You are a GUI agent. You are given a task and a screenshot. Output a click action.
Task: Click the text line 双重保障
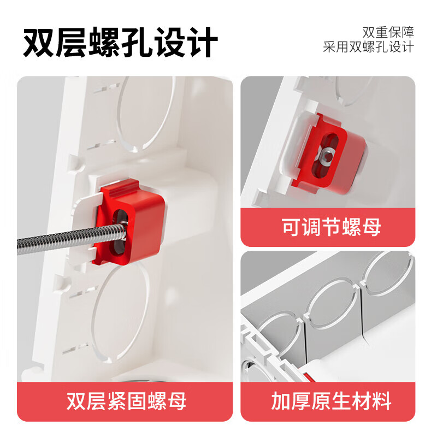[388, 31]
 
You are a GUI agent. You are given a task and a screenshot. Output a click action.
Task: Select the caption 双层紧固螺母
[126, 401]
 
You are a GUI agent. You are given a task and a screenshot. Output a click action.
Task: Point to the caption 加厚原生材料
[332, 401]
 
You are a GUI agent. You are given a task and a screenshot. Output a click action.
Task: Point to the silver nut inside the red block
[326, 157]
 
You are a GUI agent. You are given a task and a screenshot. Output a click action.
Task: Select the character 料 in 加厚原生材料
[381, 401]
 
